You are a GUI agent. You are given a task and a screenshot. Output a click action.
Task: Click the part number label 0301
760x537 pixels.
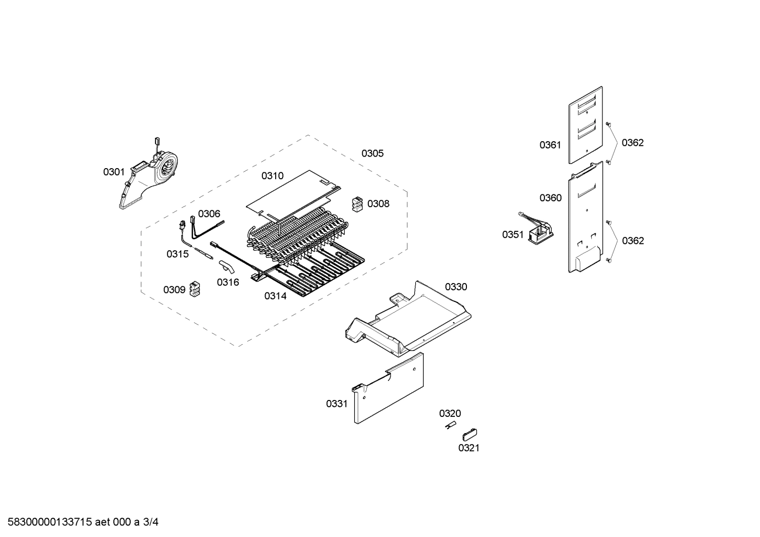coord(114,172)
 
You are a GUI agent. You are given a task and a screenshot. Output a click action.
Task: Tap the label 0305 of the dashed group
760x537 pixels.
coord(372,153)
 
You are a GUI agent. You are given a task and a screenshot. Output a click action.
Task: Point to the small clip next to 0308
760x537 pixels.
coord(357,204)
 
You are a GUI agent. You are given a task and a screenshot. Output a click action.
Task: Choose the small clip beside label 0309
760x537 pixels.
coord(196,288)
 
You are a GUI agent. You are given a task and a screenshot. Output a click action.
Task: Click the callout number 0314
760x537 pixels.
coord(275,296)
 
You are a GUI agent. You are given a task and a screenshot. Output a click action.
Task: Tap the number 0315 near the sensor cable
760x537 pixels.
coord(178,254)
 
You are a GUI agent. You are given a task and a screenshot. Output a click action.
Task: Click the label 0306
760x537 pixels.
coord(209,213)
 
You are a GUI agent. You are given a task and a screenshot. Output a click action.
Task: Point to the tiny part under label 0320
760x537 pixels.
coord(450,426)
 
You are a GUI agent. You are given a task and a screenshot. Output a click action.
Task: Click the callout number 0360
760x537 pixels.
coord(550,198)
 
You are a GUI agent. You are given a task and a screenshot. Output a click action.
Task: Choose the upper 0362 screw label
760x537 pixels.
coord(632,142)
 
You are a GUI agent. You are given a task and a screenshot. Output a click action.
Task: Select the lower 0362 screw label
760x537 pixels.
coord(632,241)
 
